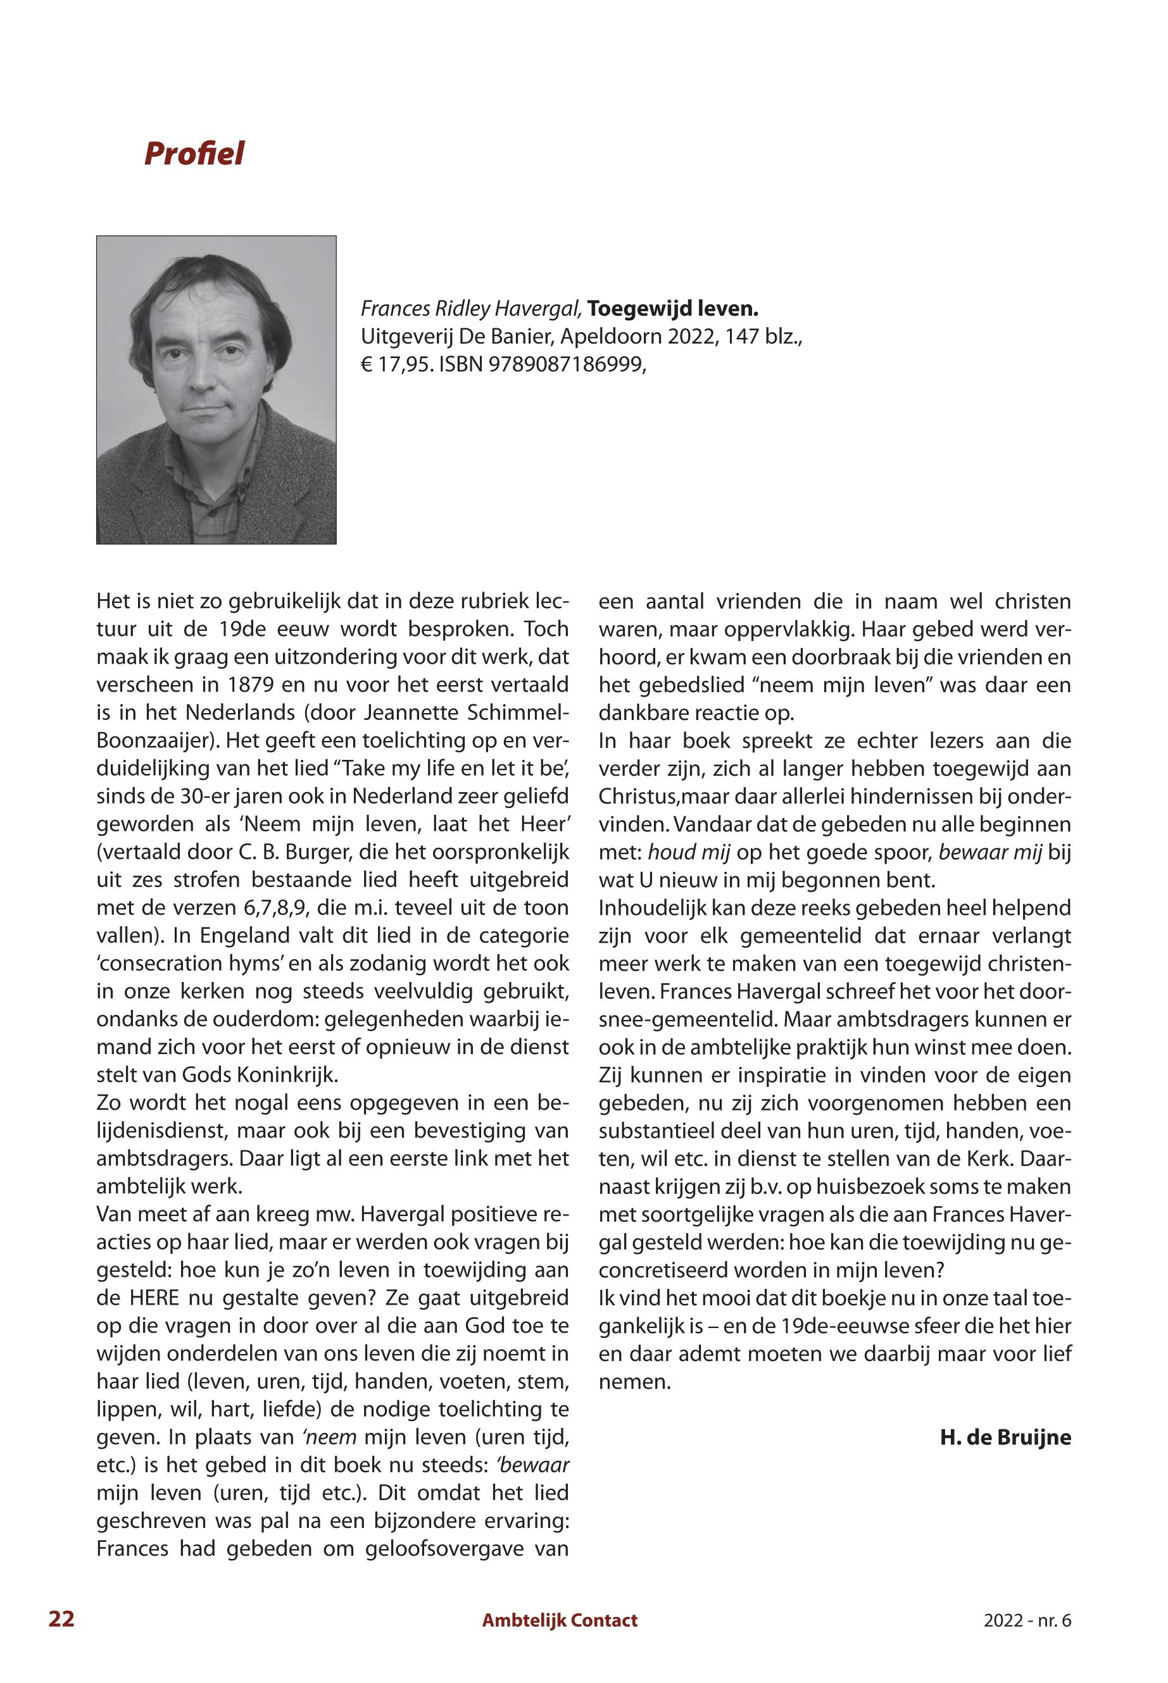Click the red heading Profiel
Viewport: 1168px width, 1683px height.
(194, 154)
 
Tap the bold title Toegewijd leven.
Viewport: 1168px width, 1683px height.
(672, 309)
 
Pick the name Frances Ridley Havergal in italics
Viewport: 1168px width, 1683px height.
(471, 309)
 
